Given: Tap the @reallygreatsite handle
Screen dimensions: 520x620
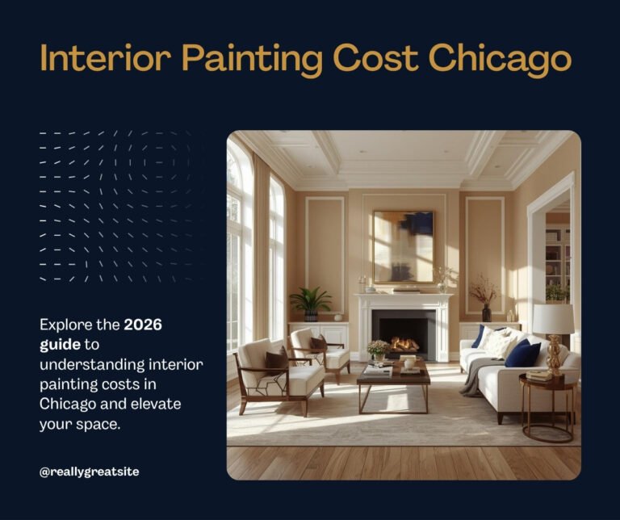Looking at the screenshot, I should pyautogui.click(x=89, y=472).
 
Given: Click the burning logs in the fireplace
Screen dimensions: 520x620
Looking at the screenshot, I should pyautogui.click(x=404, y=345).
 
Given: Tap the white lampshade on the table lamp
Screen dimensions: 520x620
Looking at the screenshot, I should pyautogui.click(x=553, y=319).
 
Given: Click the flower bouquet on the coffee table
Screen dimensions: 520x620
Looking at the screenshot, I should pyautogui.click(x=378, y=349).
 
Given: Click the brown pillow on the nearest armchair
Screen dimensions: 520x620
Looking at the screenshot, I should pyautogui.click(x=278, y=360).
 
